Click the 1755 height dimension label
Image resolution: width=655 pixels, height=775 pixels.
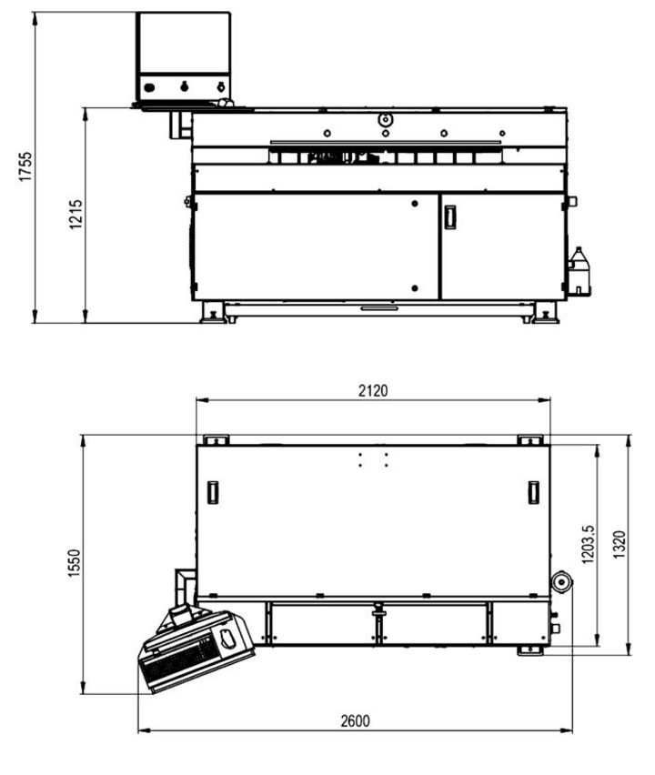click(25, 166)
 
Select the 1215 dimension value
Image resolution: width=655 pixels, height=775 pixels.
click(76, 214)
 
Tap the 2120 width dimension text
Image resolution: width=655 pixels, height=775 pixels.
click(373, 391)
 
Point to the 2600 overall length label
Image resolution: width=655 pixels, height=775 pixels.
click(356, 721)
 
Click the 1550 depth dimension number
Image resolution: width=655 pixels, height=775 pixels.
click(74, 563)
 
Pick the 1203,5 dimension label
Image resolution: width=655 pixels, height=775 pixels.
click(589, 544)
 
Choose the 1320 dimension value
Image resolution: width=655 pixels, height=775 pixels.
click(620, 545)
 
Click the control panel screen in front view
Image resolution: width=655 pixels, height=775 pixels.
click(184, 43)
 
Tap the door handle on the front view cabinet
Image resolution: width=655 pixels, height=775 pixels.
click(449, 217)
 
